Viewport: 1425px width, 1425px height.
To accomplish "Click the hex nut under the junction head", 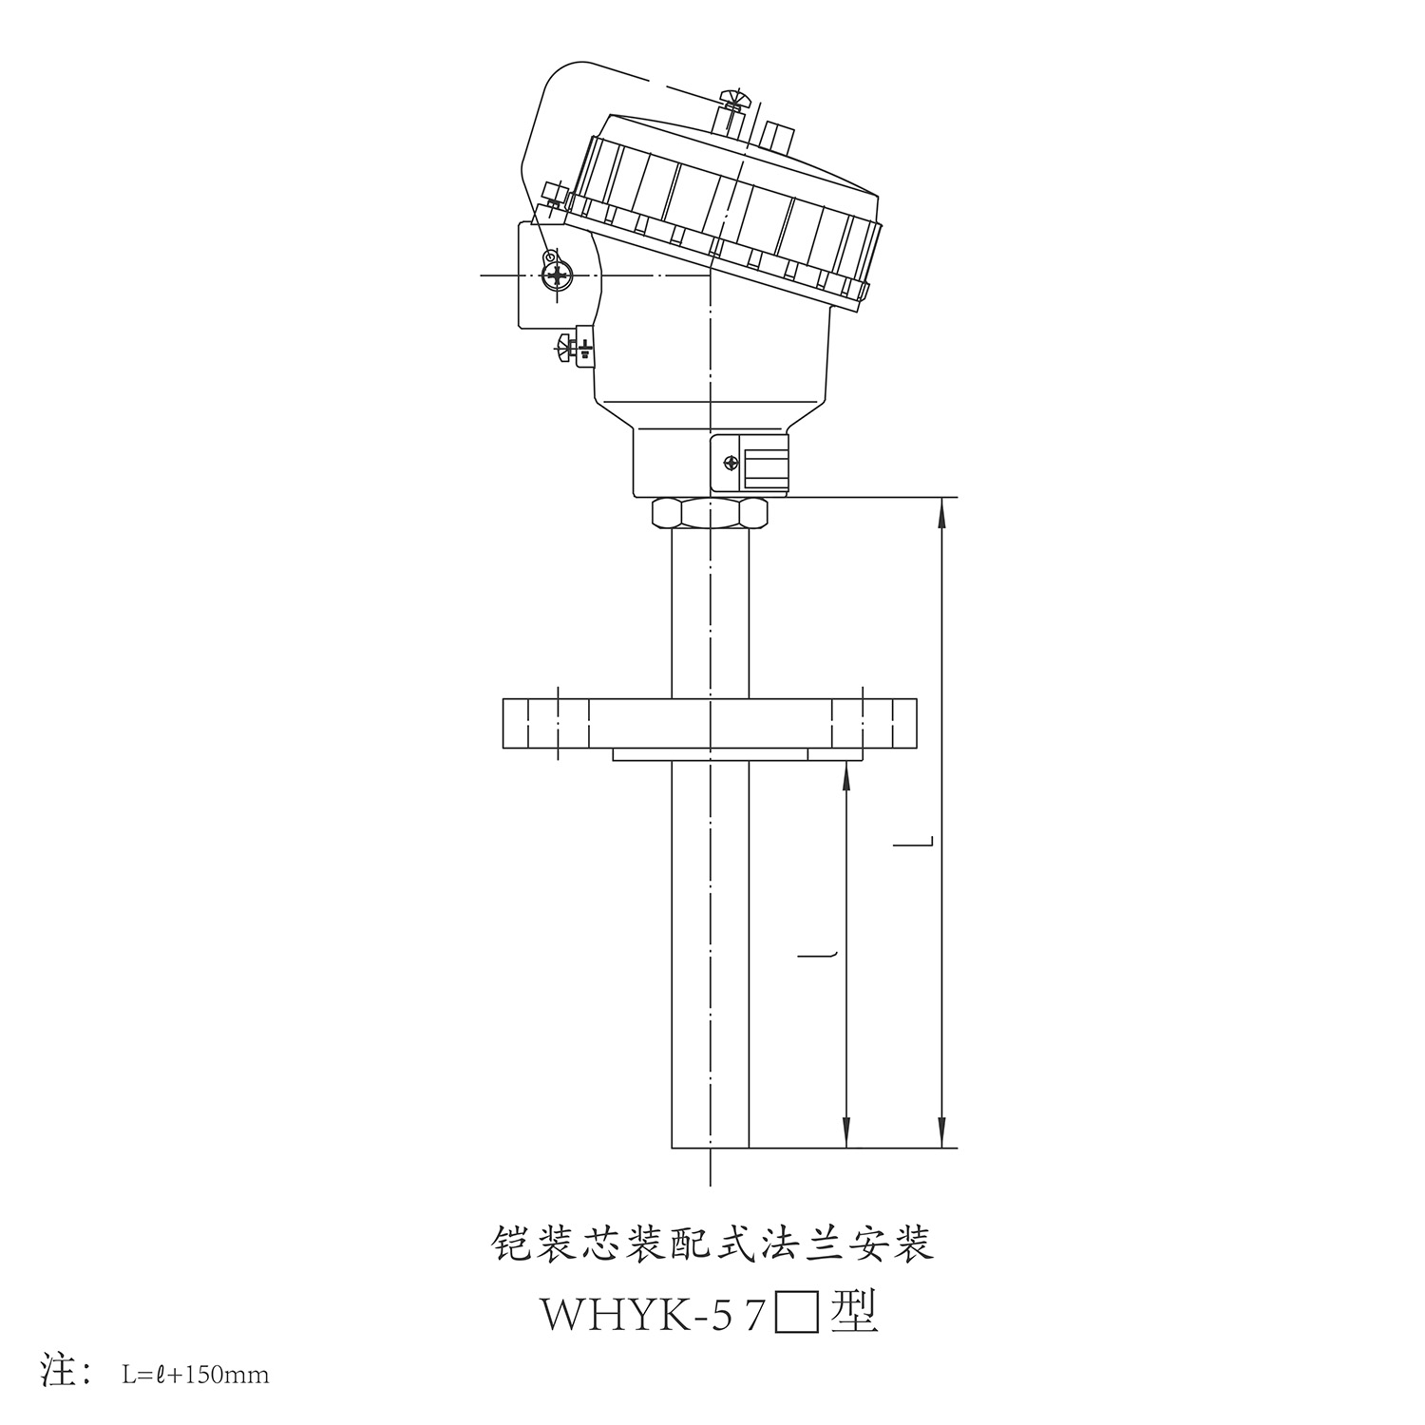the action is click(x=710, y=513).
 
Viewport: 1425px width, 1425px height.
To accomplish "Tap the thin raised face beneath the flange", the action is click(x=710, y=754).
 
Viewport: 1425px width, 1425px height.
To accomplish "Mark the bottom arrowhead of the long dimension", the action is click(x=941, y=1133).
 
